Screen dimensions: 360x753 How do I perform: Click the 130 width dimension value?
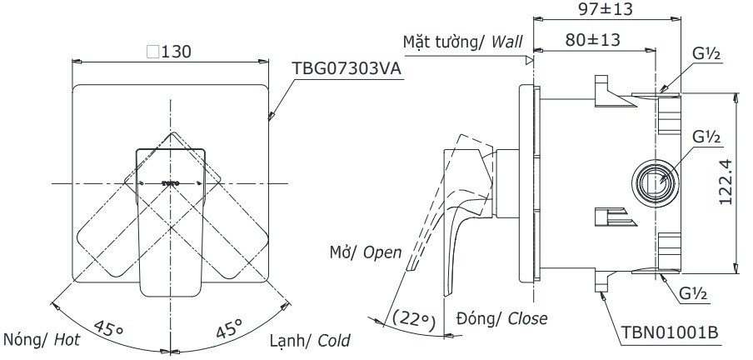coord(177,52)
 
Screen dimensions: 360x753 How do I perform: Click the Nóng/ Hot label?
coord(42,339)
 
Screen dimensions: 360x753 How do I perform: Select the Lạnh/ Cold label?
coord(310,340)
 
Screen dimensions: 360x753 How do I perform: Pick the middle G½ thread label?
coord(707,137)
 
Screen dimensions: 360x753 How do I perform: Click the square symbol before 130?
coord(152,52)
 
